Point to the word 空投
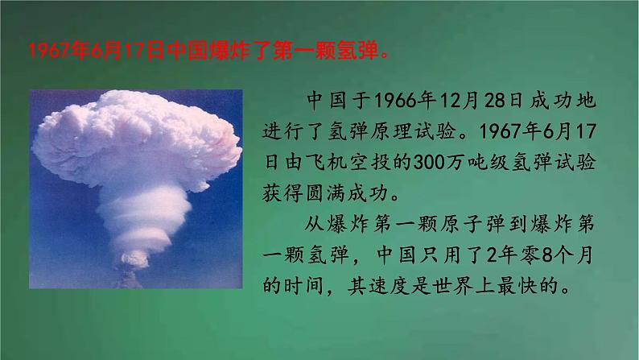pyautogui.click(x=373, y=162)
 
